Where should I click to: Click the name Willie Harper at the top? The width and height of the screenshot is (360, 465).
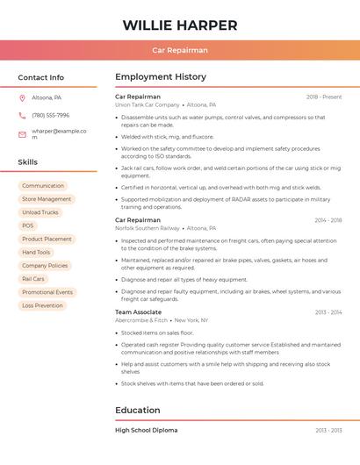pyautogui.click(x=180, y=25)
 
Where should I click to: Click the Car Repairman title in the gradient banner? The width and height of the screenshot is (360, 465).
pyautogui.click(x=180, y=51)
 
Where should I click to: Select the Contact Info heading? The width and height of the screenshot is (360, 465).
pyautogui.click(x=40, y=77)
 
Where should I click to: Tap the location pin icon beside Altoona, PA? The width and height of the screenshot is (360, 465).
pyautogui.click(x=22, y=97)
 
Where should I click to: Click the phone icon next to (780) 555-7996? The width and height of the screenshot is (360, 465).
pyautogui.click(x=22, y=116)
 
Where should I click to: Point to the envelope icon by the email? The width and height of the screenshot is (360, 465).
pyautogui.click(x=22, y=134)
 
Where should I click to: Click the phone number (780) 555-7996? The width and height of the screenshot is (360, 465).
pyautogui.click(x=50, y=116)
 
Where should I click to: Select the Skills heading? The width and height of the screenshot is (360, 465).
pyautogui.click(x=28, y=162)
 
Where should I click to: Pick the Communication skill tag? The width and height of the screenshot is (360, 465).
pyautogui.click(x=43, y=186)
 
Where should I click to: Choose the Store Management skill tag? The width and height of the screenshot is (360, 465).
pyautogui.click(x=47, y=199)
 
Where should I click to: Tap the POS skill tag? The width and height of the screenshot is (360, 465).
pyautogui.click(x=28, y=225)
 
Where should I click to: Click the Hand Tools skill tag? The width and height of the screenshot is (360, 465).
pyautogui.click(x=36, y=253)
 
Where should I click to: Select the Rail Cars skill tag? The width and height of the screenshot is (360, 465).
pyautogui.click(x=32, y=279)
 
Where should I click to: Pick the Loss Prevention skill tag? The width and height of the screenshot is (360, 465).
pyautogui.click(x=43, y=305)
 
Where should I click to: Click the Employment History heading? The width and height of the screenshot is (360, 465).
pyautogui.click(x=161, y=77)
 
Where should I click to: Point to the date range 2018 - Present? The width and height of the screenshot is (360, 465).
pyautogui.click(x=324, y=97)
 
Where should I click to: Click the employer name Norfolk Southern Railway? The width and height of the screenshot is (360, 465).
pyautogui.click(x=148, y=228)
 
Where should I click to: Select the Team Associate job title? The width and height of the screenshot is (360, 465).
pyautogui.click(x=138, y=312)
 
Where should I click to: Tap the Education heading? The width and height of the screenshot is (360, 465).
pyautogui.click(x=137, y=410)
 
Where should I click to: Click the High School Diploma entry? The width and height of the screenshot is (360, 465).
pyautogui.click(x=146, y=431)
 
